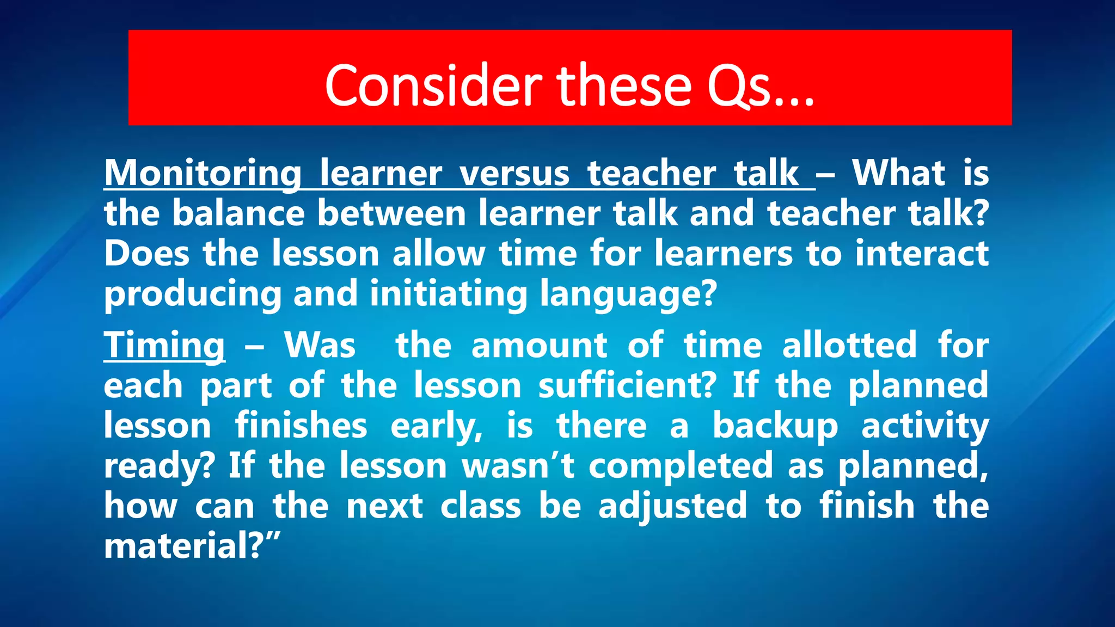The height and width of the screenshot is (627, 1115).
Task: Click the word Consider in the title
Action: coord(433,85)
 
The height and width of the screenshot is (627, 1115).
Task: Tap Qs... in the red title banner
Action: coord(760,87)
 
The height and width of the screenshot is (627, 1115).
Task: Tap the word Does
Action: coord(146,254)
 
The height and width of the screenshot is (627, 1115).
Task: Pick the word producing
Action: coord(192,294)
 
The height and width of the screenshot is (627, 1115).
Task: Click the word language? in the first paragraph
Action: coord(628,294)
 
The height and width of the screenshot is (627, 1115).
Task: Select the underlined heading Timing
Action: coord(164,345)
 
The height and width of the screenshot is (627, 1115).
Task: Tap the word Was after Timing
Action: coord(320,345)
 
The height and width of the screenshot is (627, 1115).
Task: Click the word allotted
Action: coord(849,345)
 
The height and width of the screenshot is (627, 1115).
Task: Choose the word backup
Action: coord(775,426)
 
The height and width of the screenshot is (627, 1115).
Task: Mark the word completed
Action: coord(681,466)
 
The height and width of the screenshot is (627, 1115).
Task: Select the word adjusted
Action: coord(673,506)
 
